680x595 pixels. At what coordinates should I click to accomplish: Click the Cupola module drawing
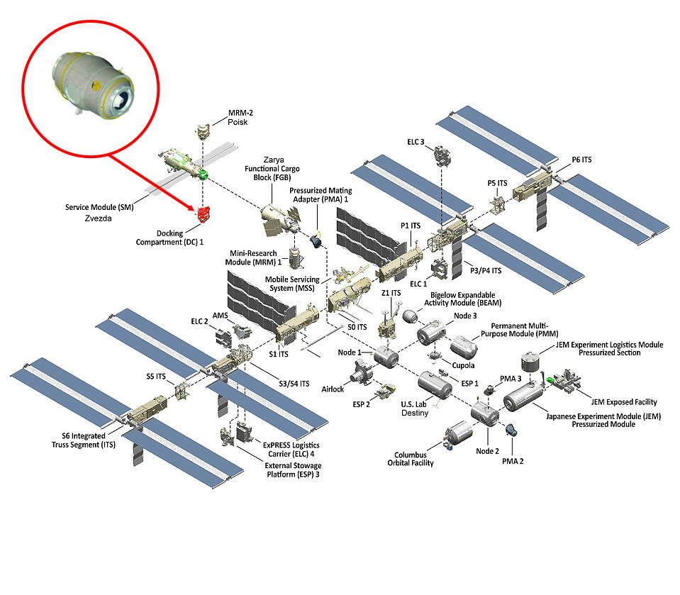[432, 355]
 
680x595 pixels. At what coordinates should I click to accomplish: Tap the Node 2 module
[486, 413]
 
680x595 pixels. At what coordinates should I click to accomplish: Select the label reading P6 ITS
[581, 160]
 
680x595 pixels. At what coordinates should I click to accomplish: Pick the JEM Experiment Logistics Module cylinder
[528, 362]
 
